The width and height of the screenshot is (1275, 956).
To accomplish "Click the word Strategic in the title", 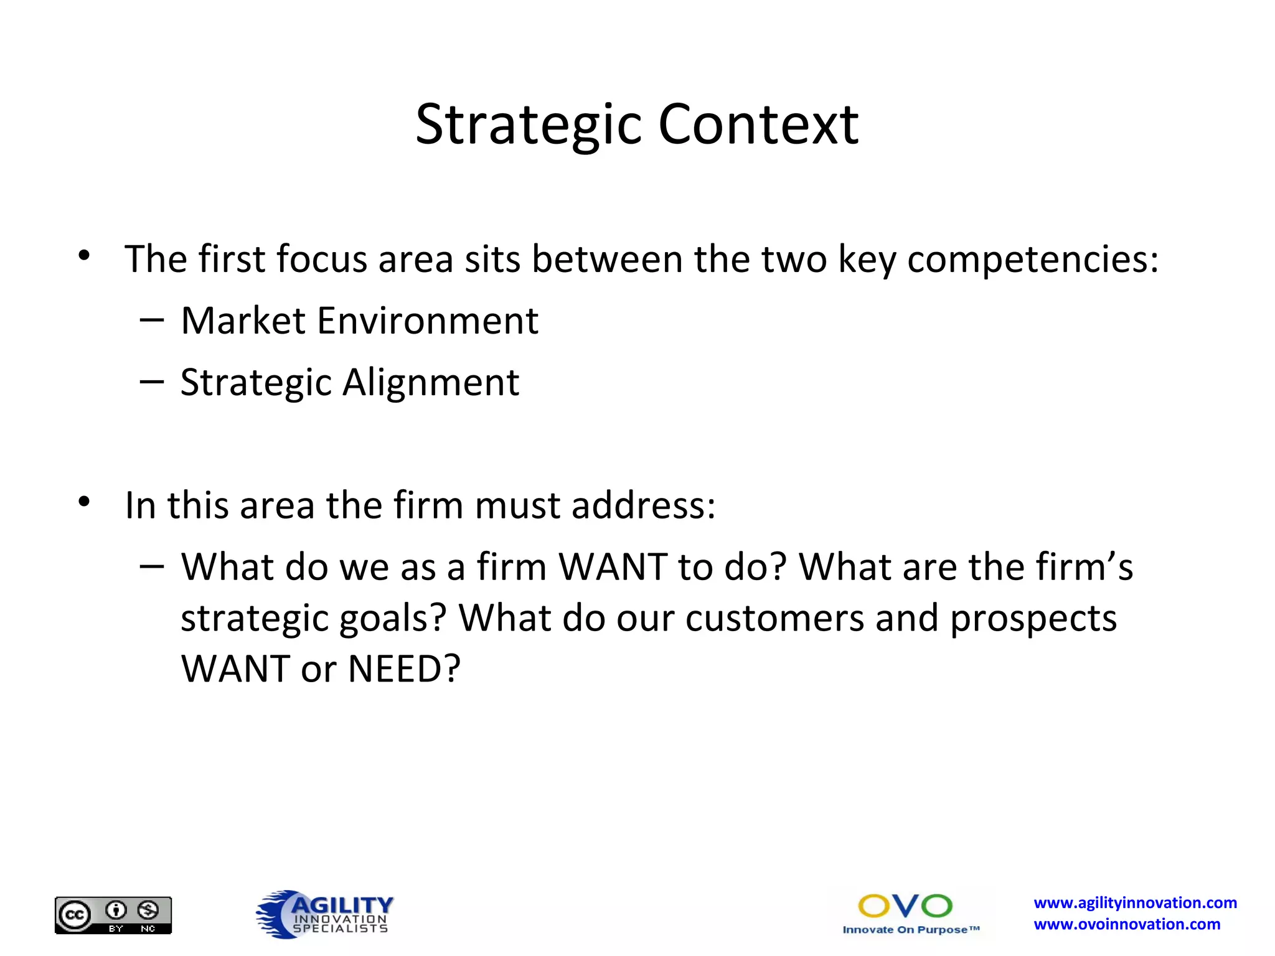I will [x=529, y=125].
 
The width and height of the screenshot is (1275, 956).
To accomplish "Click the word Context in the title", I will [x=758, y=125].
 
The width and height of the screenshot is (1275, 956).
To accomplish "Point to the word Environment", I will [x=428, y=321].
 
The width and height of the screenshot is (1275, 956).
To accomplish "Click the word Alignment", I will [x=431, y=382].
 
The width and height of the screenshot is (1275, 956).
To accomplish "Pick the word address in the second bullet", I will [x=643, y=505].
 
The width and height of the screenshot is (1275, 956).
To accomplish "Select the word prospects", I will [x=1033, y=619].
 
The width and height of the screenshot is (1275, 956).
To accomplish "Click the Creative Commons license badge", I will [x=113, y=915].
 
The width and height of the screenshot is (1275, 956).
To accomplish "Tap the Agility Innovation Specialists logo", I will [x=324, y=914].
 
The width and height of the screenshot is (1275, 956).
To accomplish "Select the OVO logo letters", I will [x=905, y=906].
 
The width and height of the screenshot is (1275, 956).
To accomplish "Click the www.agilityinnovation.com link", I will [x=1135, y=902].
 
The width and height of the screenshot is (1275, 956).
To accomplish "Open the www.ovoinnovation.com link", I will [x=1127, y=924].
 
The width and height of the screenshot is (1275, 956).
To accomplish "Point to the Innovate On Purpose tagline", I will [x=911, y=930].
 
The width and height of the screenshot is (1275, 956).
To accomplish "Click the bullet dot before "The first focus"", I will [x=85, y=255].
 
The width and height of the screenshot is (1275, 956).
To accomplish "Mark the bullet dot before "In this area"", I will [x=85, y=501].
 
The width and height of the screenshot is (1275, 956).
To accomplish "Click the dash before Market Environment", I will [x=152, y=320].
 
